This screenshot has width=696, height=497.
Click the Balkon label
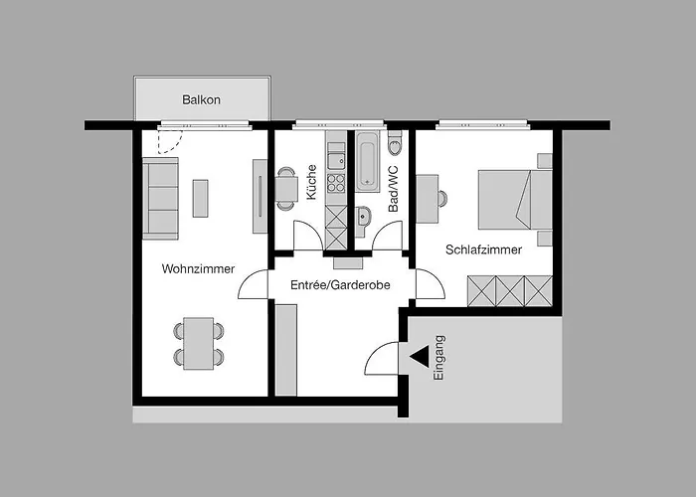tap(201, 99)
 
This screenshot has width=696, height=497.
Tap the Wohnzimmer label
tap(198, 268)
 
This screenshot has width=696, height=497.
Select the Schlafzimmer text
tap(483, 249)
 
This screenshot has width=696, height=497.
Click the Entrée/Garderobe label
tap(340, 285)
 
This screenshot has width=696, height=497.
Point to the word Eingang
tap(438, 357)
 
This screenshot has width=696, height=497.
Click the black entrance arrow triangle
tap(420, 356)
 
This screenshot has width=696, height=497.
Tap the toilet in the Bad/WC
tap(394, 142)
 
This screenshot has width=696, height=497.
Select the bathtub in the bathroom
tap(368, 161)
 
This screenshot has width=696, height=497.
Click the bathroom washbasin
tap(363, 219)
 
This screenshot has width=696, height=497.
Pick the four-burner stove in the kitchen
tap(336, 182)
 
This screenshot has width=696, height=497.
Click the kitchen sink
tap(336, 160)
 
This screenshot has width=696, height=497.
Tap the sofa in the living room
tap(160, 199)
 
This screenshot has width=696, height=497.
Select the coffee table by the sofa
tap(200, 198)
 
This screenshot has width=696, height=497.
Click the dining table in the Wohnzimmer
tap(199, 343)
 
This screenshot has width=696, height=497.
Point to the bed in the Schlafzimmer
tap(515, 199)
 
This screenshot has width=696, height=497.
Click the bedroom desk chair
tap(442, 199)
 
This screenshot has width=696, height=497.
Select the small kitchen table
tap(286, 189)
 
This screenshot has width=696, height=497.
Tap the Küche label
tap(311, 182)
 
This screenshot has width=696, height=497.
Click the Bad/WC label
tap(394, 189)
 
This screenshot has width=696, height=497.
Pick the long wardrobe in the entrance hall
tap(286, 350)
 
